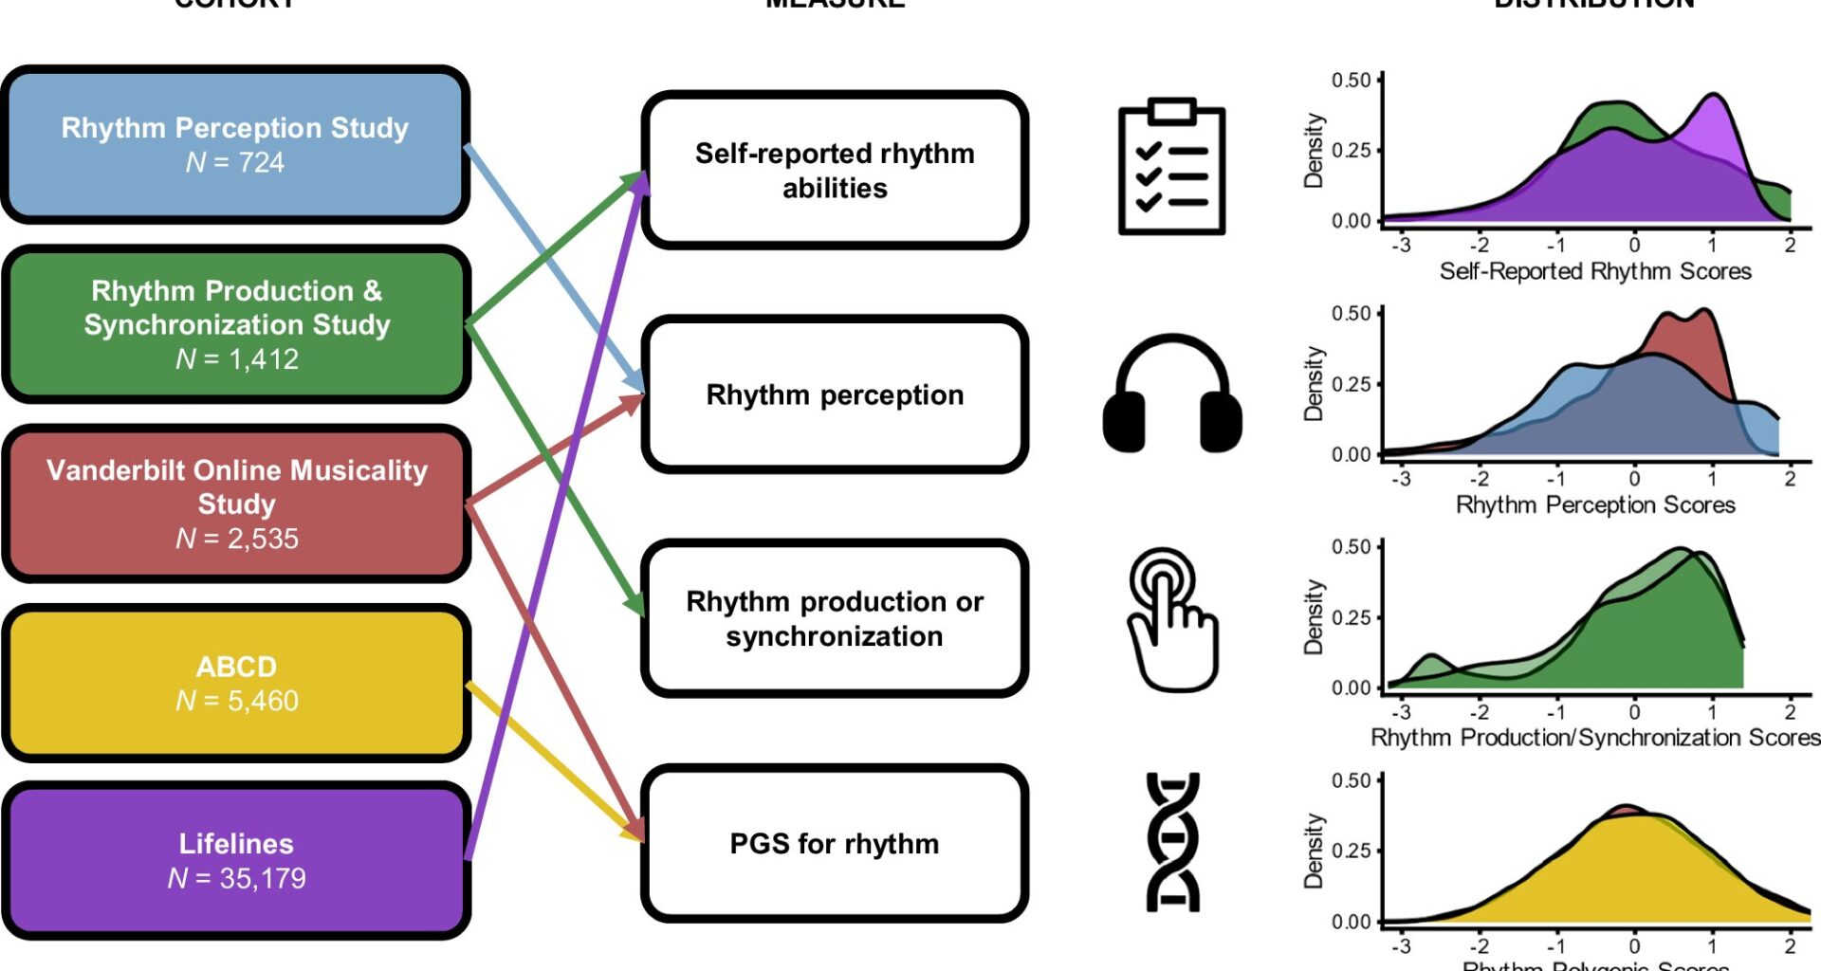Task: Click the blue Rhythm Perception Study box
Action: (235, 144)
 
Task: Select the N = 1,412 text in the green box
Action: (237, 359)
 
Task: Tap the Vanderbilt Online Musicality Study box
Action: (236, 503)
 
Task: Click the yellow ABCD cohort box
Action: (236, 683)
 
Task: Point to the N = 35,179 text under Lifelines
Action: (237, 878)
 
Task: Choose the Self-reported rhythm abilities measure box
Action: (835, 171)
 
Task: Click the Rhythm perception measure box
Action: (835, 394)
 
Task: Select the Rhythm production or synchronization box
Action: (835, 618)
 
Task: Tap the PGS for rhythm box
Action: (835, 843)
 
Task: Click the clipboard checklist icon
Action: (1172, 167)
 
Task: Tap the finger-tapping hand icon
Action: (1172, 618)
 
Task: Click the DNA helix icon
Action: (1172, 842)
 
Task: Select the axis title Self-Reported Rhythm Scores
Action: (1595, 271)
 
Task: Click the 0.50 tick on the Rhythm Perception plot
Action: (1351, 314)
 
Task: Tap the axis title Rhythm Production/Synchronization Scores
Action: (1595, 738)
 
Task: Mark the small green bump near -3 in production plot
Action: (1430, 660)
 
